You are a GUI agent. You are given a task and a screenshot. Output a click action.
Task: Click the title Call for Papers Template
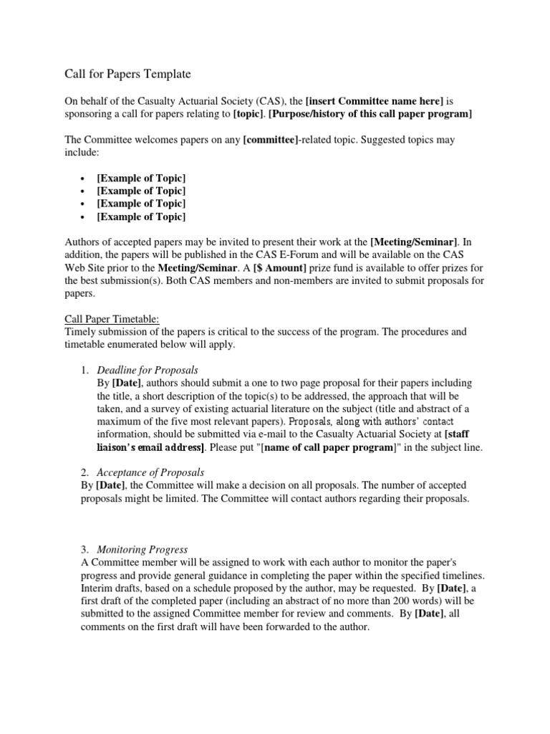coord(124,73)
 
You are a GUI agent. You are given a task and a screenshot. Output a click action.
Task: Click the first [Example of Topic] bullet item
coord(141,178)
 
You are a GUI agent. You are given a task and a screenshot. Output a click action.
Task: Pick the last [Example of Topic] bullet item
coord(141,216)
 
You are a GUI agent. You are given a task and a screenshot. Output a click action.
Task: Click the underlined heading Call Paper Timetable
coord(109,319)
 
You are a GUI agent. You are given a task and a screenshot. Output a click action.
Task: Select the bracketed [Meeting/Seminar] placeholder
coord(407,242)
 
